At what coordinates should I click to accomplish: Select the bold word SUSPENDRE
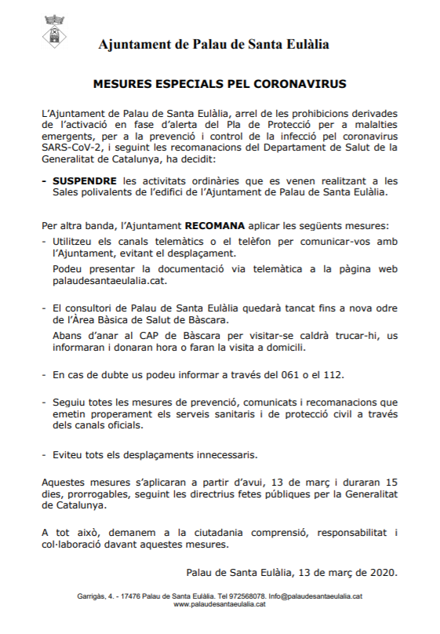tap(82, 180)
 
